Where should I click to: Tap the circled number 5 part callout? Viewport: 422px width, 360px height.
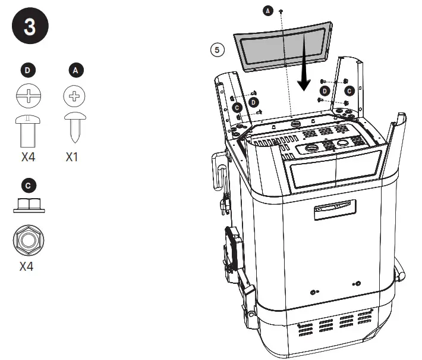(218, 50)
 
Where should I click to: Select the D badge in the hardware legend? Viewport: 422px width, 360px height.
(28, 70)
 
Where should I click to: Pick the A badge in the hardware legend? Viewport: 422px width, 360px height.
(75, 70)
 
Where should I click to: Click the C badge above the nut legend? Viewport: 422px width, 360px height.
(28, 185)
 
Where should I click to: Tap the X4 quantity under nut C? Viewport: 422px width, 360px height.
(27, 266)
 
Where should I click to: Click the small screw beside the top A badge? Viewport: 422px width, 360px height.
(281, 11)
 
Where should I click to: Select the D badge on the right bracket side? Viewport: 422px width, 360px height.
(325, 90)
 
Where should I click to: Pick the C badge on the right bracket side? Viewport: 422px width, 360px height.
(349, 90)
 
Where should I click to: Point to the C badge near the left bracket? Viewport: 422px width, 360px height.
(237, 107)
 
